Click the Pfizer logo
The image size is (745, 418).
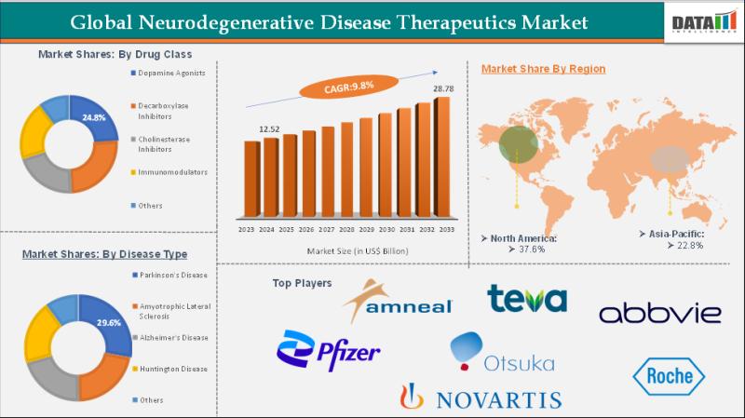click(329, 349)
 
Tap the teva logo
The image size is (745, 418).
click(526, 298)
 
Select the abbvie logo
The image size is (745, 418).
click(659, 313)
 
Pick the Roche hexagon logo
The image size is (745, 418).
click(669, 375)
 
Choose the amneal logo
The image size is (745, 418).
click(397, 301)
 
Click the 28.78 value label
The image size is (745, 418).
click(442, 88)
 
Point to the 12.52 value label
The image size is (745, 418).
click(270, 128)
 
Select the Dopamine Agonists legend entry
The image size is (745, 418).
click(171, 72)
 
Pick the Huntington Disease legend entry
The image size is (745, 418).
click(173, 370)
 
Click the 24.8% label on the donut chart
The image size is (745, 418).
click(94, 118)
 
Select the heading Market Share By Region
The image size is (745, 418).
click(543, 69)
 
